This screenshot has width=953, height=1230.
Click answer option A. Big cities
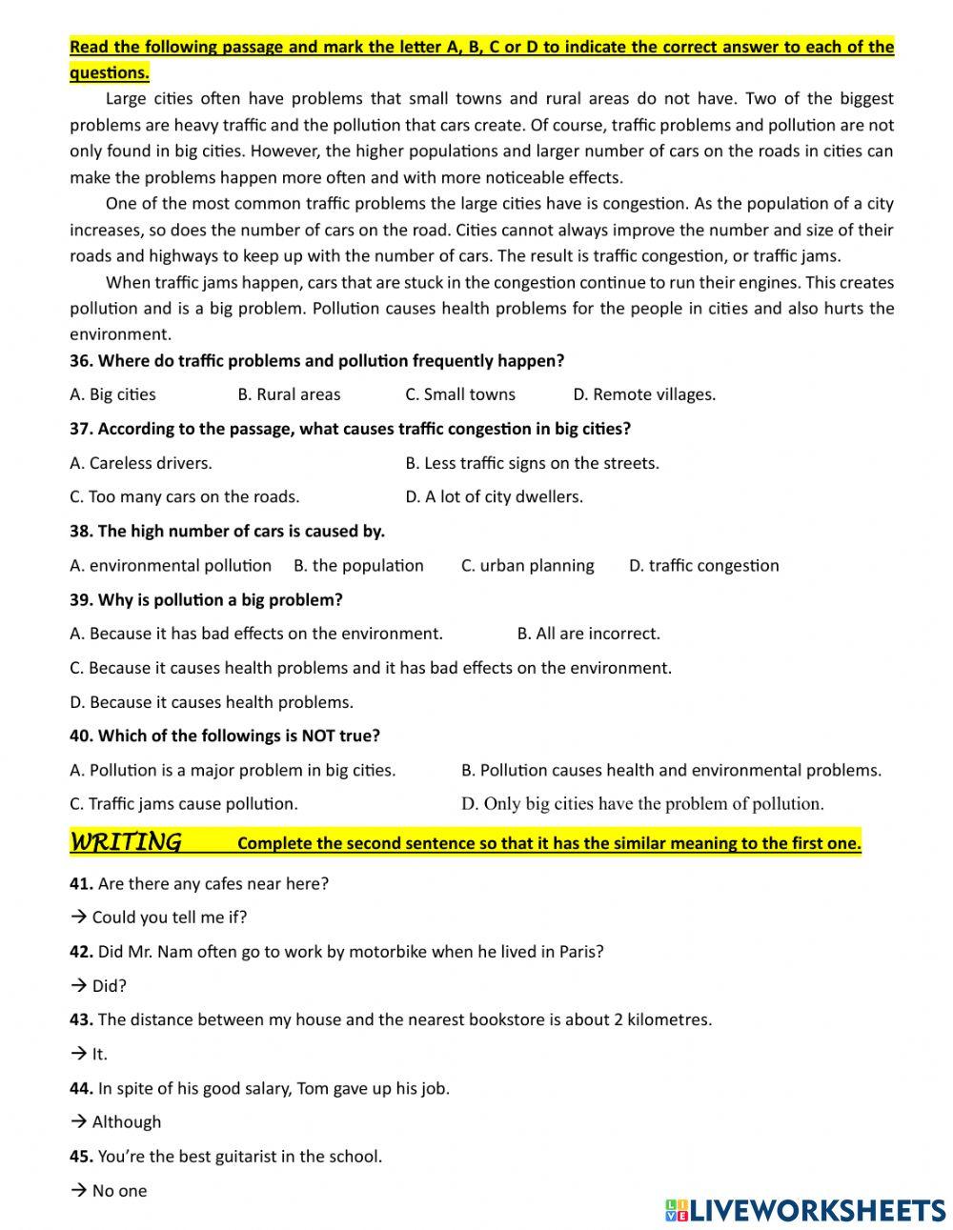point(112,394)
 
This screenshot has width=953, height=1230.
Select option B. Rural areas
point(289,394)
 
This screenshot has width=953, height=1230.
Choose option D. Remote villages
point(644,394)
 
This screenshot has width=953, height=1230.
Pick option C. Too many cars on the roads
point(184,496)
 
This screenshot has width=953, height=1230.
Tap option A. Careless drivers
point(141,463)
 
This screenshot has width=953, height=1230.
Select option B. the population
point(358,565)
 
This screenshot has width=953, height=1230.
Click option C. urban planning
point(527,565)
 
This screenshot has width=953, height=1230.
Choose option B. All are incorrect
point(588,634)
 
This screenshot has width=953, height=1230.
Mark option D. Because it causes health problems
point(212,702)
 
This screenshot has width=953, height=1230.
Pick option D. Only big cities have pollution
point(642,803)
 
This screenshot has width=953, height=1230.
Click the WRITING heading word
point(125,842)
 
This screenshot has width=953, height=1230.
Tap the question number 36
point(81,361)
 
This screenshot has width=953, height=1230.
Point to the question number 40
point(81,736)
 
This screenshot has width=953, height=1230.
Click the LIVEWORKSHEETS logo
point(805,1210)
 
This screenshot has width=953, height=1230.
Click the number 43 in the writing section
point(81,1019)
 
